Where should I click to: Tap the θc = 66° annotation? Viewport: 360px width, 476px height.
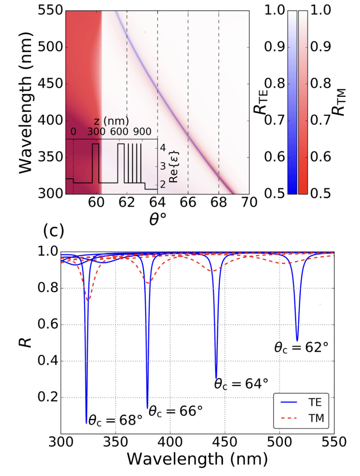click(175, 410)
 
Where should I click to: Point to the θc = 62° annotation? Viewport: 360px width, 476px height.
click(301, 347)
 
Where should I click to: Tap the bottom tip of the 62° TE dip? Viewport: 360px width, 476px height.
click(297, 340)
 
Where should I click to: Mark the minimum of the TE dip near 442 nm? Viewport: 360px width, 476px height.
click(216, 378)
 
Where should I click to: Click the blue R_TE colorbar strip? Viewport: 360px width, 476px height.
click(292, 102)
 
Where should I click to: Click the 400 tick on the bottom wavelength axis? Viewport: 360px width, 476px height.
click(170, 441)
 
